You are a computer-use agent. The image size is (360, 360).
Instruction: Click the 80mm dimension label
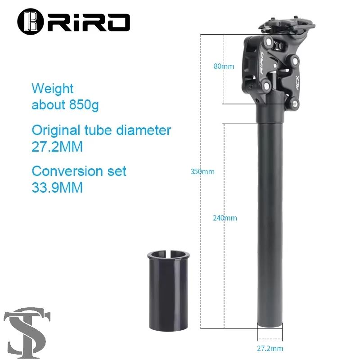pyautogui.click(x=224, y=66)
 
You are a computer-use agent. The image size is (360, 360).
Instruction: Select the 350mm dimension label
pyautogui.click(x=202, y=171)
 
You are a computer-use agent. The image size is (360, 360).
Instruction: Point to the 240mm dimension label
pyautogui.click(x=225, y=218)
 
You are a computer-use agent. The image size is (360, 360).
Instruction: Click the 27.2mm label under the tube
pyautogui.click(x=270, y=348)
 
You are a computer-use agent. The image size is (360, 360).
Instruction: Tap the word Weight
pyautogui.click(x=53, y=88)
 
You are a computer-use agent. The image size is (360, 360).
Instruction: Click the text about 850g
pyautogui.click(x=65, y=105)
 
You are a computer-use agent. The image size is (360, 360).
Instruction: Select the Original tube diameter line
pyautogui.click(x=101, y=130)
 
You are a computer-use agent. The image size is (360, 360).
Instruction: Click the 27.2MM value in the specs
pyautogui.click(x=57, y=147)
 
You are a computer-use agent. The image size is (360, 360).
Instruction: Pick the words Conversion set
pyautogui.click(x=79, y=171)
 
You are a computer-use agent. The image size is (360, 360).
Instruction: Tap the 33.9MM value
pyautogui.click(x=57, y=187)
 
